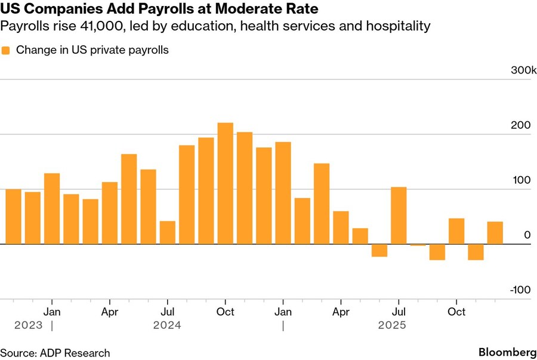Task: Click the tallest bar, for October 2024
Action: pyautogui.click(x=225, y=183)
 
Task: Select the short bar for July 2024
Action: pyautogui.click(x=168, y=232)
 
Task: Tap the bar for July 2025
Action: pyautogui.click(x=399, y=216)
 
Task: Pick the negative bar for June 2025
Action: pyautogui.click(x=379, y=250)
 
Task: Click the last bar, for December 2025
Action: pyautogui.click(x=495, y=233)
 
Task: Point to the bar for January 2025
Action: pyautogui.click(x=283, y=193)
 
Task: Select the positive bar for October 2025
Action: pyautogui.click(x=456, y=231)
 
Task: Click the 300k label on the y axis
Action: pyautogui.click(x=517, y=71)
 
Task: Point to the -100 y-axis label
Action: pyautogui.click(x=520, y=290)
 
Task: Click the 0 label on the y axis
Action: pyautogui.click(x=527, y=235)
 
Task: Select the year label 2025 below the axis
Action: pyautogui.click(x=391, y=325)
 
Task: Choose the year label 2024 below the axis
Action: pyautogui.click(x=167, y=325)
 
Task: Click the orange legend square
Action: pyautogui.click(x=6, y=51)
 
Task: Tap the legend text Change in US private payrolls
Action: pyautogui.click(x=92, y=50)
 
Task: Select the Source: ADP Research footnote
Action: pyautogui.click(x=55, y=353)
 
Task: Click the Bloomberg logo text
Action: pyautogui.click(x=507, y=352)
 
